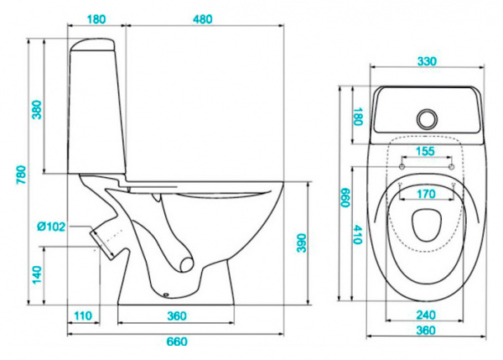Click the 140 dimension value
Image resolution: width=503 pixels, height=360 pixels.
[37, 274]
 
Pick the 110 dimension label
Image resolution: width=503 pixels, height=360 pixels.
[81, 315]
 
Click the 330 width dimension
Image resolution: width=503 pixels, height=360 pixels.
[428, 61]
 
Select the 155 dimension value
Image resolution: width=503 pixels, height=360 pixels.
[426, 152]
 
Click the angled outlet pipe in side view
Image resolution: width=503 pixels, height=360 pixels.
[106, 239]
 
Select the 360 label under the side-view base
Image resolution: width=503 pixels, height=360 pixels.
[175, 315]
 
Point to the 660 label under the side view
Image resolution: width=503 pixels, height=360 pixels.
[175, 341]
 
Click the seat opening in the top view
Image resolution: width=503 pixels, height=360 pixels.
[428, 224]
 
